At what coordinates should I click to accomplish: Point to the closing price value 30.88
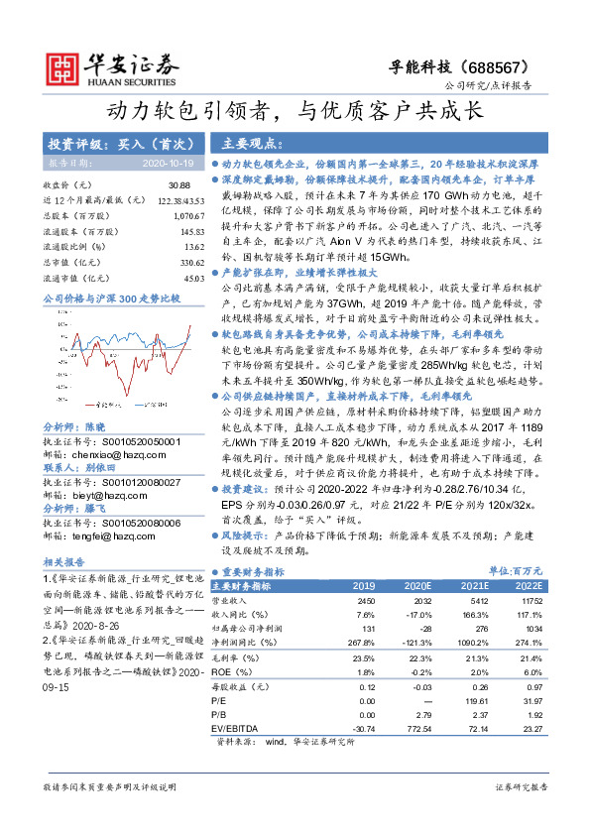coord(178,185)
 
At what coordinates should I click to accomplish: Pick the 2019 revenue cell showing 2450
coord(366,601)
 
